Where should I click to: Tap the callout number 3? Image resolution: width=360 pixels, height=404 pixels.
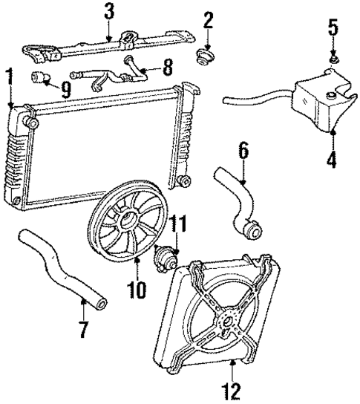pos(110,13)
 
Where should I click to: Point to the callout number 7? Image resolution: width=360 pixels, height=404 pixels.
pos(82,328)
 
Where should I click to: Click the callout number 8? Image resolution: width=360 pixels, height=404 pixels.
pos(166,70)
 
